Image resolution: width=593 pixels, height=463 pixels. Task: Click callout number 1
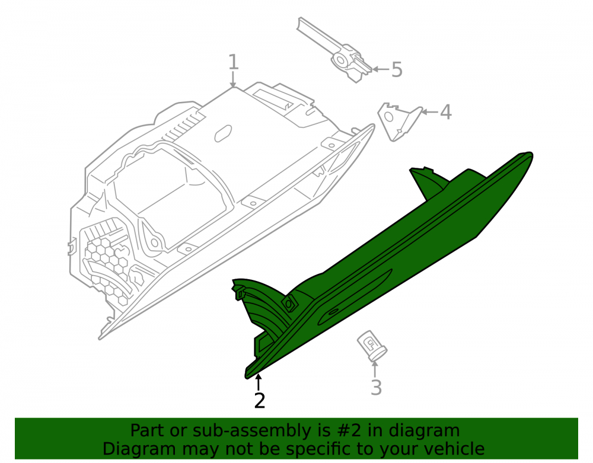point(233,62)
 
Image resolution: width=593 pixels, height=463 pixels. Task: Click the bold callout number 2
point(260,401)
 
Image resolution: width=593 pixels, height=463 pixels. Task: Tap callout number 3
point(376,387)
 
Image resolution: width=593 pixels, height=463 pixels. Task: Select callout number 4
point(446,112)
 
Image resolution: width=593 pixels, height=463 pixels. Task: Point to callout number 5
point(397,70)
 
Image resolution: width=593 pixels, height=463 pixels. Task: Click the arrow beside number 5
point(381,69)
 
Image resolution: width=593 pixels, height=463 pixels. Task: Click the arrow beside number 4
point(429,112)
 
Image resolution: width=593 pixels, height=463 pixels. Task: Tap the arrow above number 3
point(375,369)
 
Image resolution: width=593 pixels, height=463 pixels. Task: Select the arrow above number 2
point(259,382)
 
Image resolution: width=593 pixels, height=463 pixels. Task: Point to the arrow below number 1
point(233,80)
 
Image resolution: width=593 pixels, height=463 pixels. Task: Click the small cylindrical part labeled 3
point(372,346)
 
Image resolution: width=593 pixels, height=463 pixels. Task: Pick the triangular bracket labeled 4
point(399,122)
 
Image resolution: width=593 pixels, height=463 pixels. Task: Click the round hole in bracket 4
point(389,117)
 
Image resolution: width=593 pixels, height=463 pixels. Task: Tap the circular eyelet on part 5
point(341,60)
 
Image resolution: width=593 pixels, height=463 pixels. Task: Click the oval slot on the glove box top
point(223,133)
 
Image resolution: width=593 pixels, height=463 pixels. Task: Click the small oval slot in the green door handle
point(333,312)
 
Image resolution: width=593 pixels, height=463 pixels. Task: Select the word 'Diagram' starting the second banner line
point(139,449)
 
